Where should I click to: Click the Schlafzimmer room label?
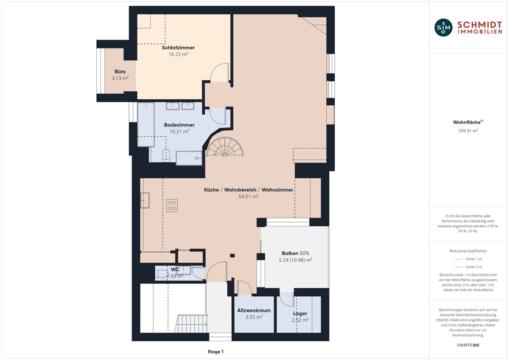pyautogui.click(x=178, y=48)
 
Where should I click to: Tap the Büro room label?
pyautogui.click(x=120, y=72)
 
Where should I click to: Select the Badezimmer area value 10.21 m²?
pyautogui.click(x=179, y=132)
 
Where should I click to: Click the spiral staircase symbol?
pyautogui.click(x=225, y=147)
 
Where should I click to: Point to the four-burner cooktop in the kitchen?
pyautogui.click(x=172, y=205)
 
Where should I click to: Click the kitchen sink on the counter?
pyautogui.click(x=145, y=200)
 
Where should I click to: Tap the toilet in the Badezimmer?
pyautogui.click(x=166, y=155)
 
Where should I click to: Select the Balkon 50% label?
pyautogui.click(x=295, y=253)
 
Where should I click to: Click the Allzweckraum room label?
pyautogui.click(x=254, y=310)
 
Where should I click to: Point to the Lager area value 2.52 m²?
pyautogui.click(x=300, y=320)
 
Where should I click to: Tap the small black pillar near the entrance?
pyautogui.click(x=232, y=256)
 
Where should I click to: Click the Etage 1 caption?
pyautogui.click(x=215, y=352)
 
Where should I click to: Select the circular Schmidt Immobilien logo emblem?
pyautogui.click(x=443, y=28)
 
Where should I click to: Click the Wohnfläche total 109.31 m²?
pyautogui.click(x=468, y=131)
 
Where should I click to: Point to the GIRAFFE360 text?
pyautogui.click(x=468, y=345)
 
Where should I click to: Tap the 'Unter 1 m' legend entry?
pyautogui.click(x=468, y=259)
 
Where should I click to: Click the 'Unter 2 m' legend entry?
pyautogui.click(x=468, y=267)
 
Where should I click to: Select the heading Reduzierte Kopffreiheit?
pyautogui.click(x=468, y=251)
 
